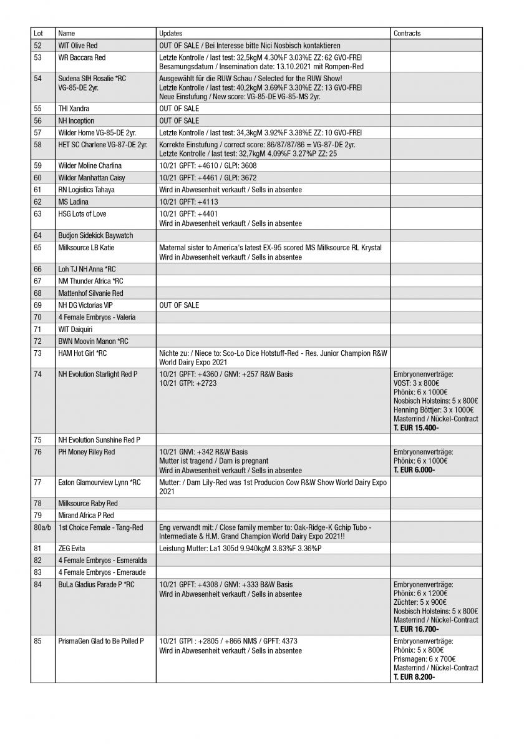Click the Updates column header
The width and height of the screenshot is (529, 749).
click(x=170, y=33)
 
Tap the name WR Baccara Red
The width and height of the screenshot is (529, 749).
click(x=82, y=57)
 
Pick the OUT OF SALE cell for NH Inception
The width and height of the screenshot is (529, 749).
click(x=179, y=120)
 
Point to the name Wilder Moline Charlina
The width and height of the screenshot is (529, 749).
click(x=90, y=165)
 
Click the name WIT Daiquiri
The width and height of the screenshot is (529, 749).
click(x=75, y=329)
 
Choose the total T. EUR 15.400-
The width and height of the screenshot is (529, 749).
click(x=416, y=428)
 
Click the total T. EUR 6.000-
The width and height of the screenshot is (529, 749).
click(x=414, y=469)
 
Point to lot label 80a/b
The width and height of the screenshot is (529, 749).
click(x=41, y=527)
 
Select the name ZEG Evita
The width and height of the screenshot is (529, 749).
click(x=71, y=549)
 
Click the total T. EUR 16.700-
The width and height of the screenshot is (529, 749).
click(x=416, y=629)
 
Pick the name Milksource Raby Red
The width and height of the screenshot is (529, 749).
click(x=88, y=504)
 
